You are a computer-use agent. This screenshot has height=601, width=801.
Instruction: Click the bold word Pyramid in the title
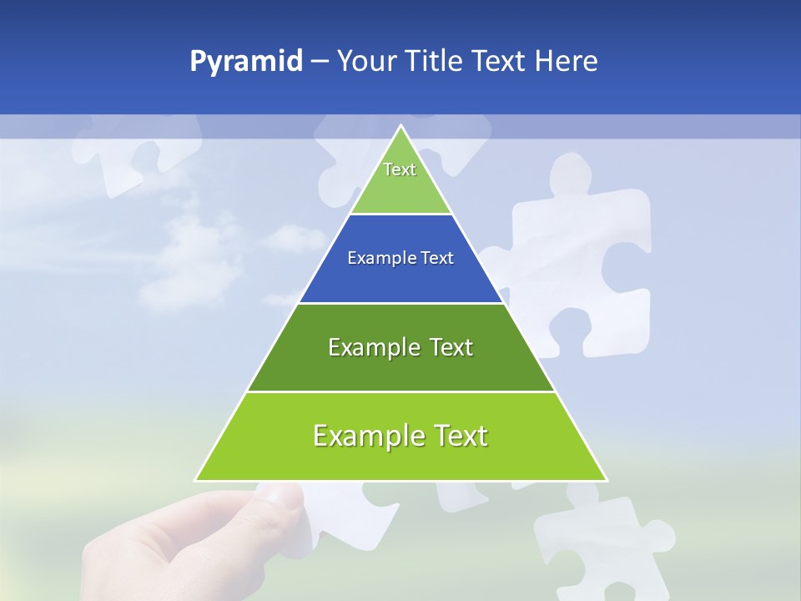(x=246, y=62)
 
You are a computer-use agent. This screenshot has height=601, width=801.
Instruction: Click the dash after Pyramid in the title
(x=319, y=63)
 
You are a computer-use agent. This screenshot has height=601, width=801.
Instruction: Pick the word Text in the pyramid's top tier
(x=400, y=169)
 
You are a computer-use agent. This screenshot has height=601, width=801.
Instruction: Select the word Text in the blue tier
(x=437, y=259)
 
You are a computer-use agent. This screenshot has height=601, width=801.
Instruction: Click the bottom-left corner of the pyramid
(x=196, y=480)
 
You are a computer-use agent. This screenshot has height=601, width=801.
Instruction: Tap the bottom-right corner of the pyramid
(x=606, y=480)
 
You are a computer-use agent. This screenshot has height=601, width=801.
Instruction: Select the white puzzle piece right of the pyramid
(x=584, y=250)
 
